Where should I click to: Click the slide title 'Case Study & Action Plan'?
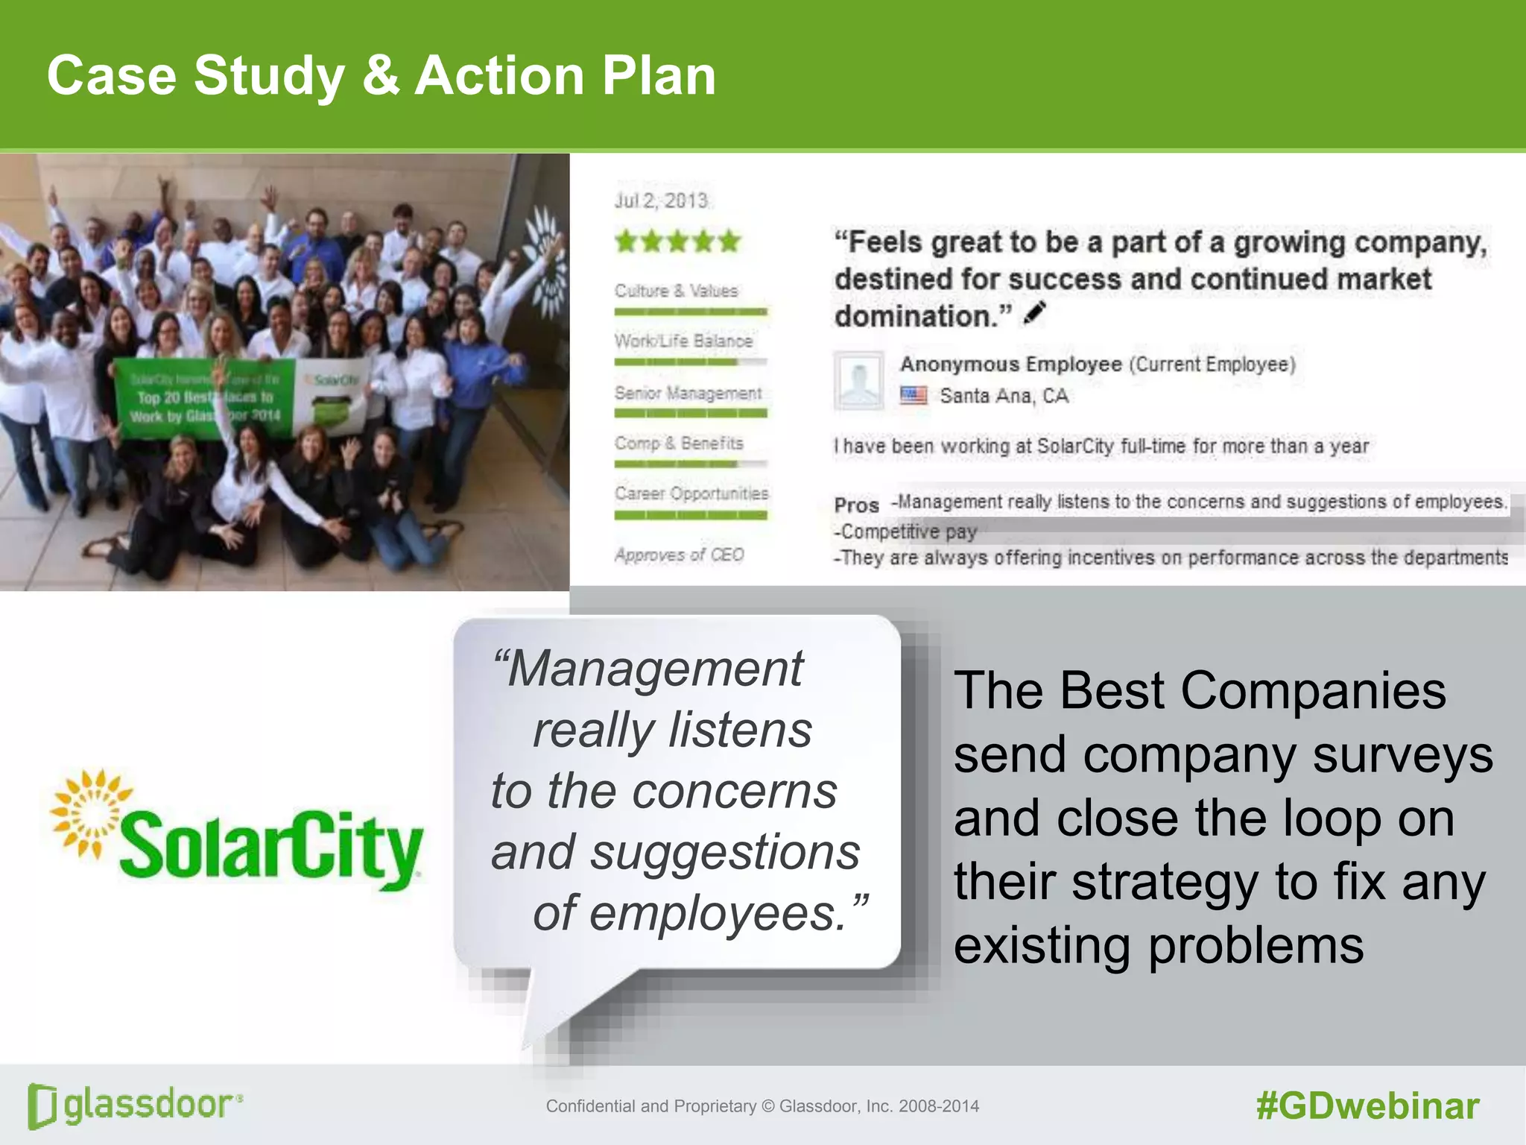point(381,76)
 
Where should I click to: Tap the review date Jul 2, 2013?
point(660,201)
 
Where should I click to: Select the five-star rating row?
point(677,242)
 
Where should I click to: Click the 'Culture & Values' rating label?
point(676,291)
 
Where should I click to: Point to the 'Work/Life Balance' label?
point(683,341)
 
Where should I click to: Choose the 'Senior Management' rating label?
point(688,393)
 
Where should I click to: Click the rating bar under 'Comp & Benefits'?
point(690,464)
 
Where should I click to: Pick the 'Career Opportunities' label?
point(691,493)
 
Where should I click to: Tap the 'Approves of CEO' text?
point(679,555)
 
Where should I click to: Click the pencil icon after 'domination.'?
point(1035,313)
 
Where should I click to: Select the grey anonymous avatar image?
point(858,381)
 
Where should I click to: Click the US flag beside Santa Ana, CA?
point(913,395)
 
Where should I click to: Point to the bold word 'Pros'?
point(856,505)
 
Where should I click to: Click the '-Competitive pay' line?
point(905,532)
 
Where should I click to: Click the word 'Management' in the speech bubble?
point(653,668)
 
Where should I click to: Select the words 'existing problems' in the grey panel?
point(1158,945)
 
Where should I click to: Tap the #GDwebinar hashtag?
point(1367,1105)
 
